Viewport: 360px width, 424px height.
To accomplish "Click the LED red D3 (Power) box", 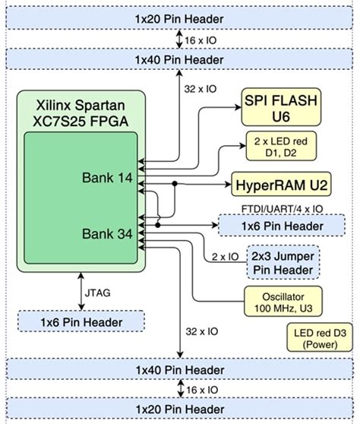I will coord(319,338).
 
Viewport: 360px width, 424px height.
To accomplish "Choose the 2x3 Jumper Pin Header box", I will coord(283,263).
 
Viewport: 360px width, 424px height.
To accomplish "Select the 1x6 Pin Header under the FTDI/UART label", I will coord(282,226).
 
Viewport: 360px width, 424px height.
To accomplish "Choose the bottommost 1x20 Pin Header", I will coord(180,411).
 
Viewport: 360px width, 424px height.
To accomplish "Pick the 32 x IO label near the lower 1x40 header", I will coord(201,331).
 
